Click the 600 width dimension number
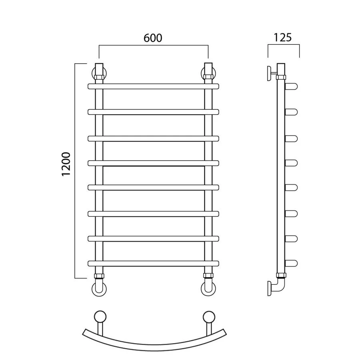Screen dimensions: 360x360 (x=153, y=38)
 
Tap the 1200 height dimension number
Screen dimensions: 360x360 (x=66, y=164)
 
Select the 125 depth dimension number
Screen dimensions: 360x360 (x=283, y=38)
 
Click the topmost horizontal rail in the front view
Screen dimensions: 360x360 (x=153, y=86)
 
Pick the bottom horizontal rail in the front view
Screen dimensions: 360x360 (x=153, y=263)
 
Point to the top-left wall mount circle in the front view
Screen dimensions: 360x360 (x=93, y=74)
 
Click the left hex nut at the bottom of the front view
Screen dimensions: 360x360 (x=99, y=276)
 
